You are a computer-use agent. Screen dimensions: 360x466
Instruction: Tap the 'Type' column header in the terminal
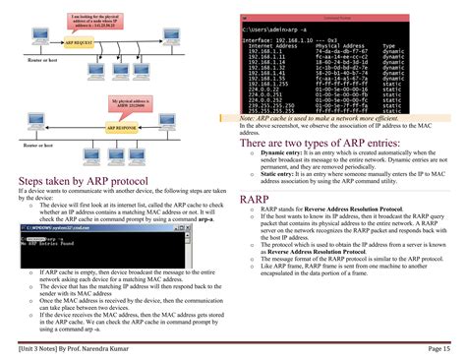[388, 46]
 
